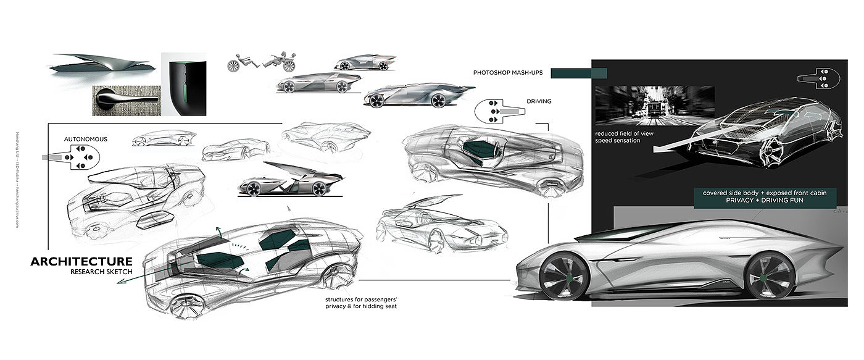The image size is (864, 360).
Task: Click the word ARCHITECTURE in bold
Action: coord(81,262)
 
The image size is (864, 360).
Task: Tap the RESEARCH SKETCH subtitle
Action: coord(101,272)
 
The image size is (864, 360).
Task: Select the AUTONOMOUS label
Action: coord(86,140)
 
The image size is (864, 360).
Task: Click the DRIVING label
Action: coord(539,101)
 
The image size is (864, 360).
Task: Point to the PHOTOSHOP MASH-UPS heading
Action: coord(507,73)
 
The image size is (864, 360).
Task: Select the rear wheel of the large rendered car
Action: coord(770,275)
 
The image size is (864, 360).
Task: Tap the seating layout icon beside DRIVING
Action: coord(501,111)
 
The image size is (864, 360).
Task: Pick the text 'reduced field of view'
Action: coord(624,133)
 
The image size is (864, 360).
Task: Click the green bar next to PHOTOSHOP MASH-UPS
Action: coord(578,73)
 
